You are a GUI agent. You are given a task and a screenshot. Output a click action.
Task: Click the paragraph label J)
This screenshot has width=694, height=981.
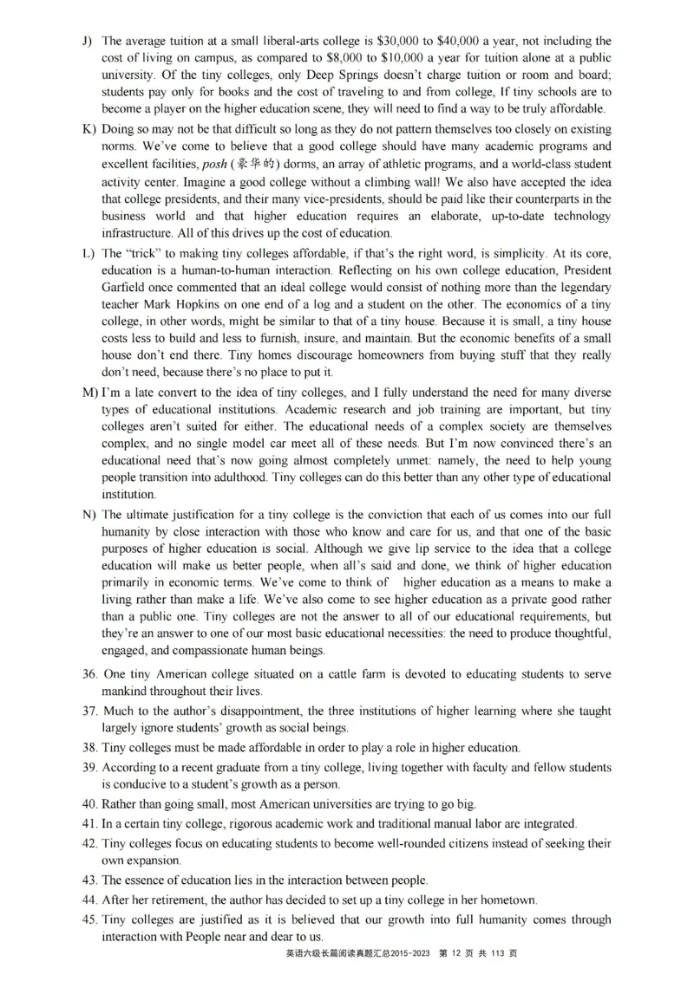click(88, 41)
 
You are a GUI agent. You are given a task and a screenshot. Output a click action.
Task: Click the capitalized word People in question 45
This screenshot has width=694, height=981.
click(240, 937)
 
